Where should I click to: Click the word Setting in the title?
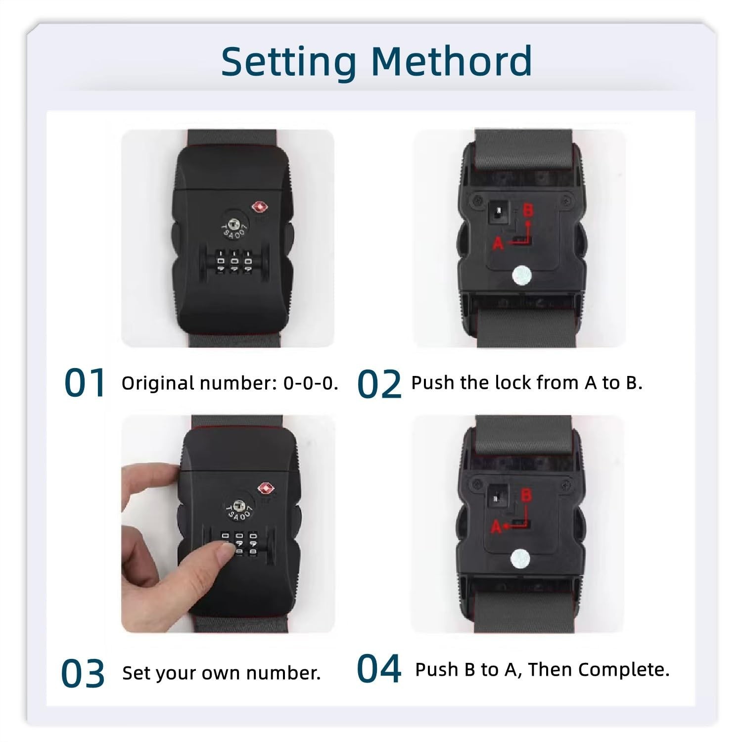click(x=288, y=61)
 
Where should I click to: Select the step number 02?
click(x=379, y=384)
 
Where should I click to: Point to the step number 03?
click(x=83, y=673)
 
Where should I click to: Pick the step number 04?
click(x=378, y=669)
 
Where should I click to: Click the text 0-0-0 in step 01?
click(x=311, y=383)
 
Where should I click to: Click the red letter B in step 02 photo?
click(x=528, y=210)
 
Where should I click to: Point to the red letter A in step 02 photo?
click(x=498, y=243)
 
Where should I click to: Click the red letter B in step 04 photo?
click(x=526, y=496)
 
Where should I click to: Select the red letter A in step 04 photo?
click(x=497, y=528)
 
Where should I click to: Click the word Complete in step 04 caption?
click(x=624, y=670)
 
